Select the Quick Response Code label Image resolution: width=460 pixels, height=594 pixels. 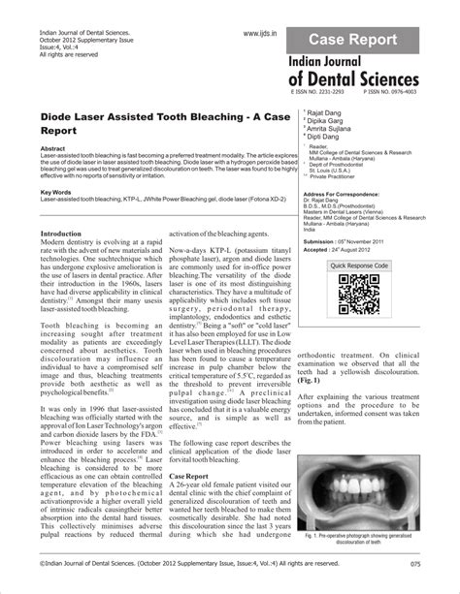coord(359,265)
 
